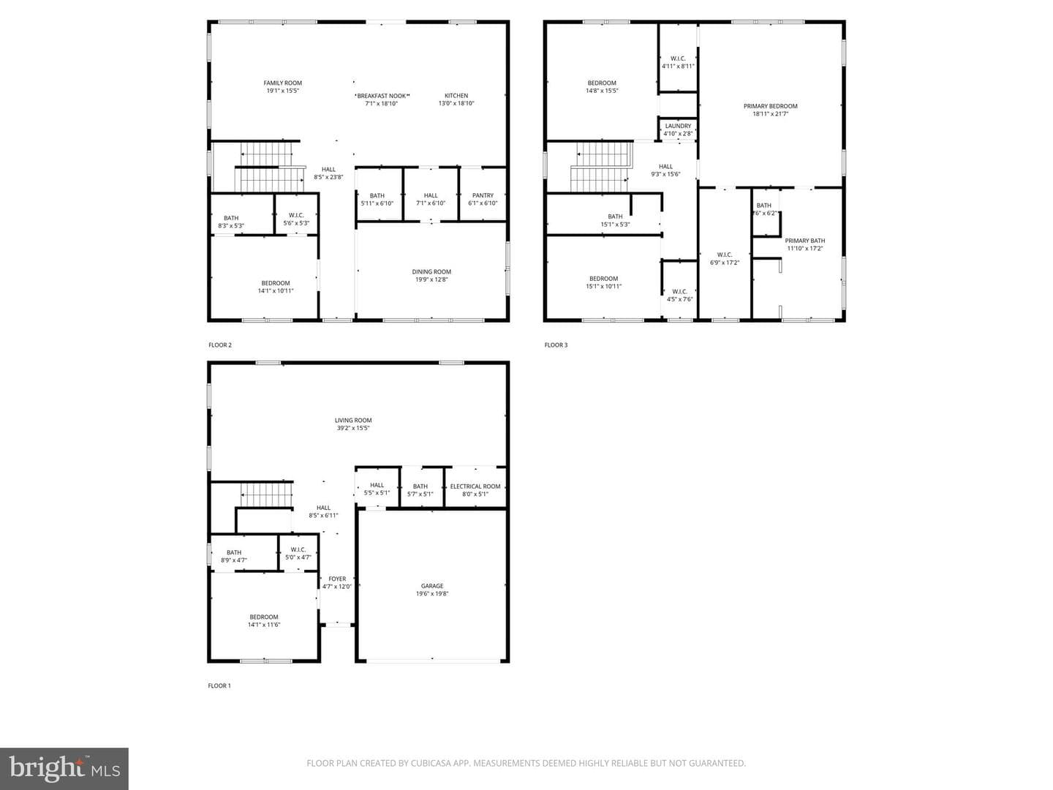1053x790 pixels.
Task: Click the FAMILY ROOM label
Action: click(x=282, y=83)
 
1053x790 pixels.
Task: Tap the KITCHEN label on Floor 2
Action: click(x=456, y=95)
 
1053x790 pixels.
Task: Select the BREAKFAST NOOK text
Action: click(x=382, y=96)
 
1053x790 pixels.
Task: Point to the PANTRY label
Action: click(x=483, y=195)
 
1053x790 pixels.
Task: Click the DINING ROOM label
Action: click(x=431, y=271)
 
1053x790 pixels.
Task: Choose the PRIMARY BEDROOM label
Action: click(x=771, y=106)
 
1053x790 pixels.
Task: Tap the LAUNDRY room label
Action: click(x=678, y=126)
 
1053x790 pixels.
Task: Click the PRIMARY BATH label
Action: click(x=805, y=241)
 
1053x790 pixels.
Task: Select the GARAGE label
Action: click(x=432, y=586)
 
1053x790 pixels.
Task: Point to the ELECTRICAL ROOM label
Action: click(x=475, y=486)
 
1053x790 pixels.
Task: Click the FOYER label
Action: click(x=337, y=579)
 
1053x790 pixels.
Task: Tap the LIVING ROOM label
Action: click(x=353, y=420)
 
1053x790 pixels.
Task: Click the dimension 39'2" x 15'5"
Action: click(x=353, y=428)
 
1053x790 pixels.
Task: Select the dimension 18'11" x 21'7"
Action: click(x=771, y=113)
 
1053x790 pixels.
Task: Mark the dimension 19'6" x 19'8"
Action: click(x=432, y=593)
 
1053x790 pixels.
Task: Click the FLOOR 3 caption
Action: click(x=556, y=345)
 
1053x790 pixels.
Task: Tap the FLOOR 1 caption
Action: click(x=219, y=685)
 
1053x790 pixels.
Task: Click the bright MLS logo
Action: click(x=64, y=768)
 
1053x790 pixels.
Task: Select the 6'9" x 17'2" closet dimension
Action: click(x=725, y=263)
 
